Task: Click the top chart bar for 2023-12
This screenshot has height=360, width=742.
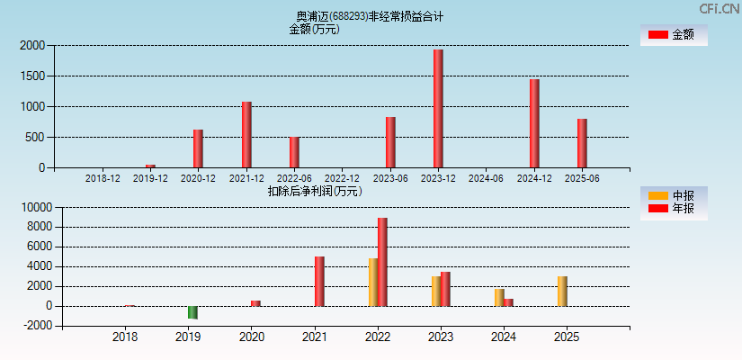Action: [x=438, y=109]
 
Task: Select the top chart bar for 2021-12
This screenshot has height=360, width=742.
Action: [x=246, y=135]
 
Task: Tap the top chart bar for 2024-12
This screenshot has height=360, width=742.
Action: [x=534, y=123]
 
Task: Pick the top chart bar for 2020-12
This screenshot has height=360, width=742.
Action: [x=198, y=148]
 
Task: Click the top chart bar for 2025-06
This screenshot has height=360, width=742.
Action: [x=582, y=143]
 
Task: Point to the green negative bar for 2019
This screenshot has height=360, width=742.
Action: [x=192, y=312]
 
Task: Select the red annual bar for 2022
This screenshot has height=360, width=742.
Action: [x=382, y=262]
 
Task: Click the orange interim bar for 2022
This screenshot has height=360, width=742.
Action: [x=372, y=283]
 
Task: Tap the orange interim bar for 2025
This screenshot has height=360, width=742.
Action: [x=562, y=292]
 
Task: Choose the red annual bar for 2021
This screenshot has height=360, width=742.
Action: [x=319, y=282]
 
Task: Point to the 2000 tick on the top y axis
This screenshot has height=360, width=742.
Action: [x=32, y=45]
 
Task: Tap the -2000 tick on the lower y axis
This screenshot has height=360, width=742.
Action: [x=36, y=326]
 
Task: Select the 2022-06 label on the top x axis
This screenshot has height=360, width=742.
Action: [x=294, y=178]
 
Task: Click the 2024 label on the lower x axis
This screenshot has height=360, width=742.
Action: [x=503, y=337]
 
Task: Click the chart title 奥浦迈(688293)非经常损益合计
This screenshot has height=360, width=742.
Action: [x=370, y=16]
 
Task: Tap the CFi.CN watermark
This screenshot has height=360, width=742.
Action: [x=720, y=9]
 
